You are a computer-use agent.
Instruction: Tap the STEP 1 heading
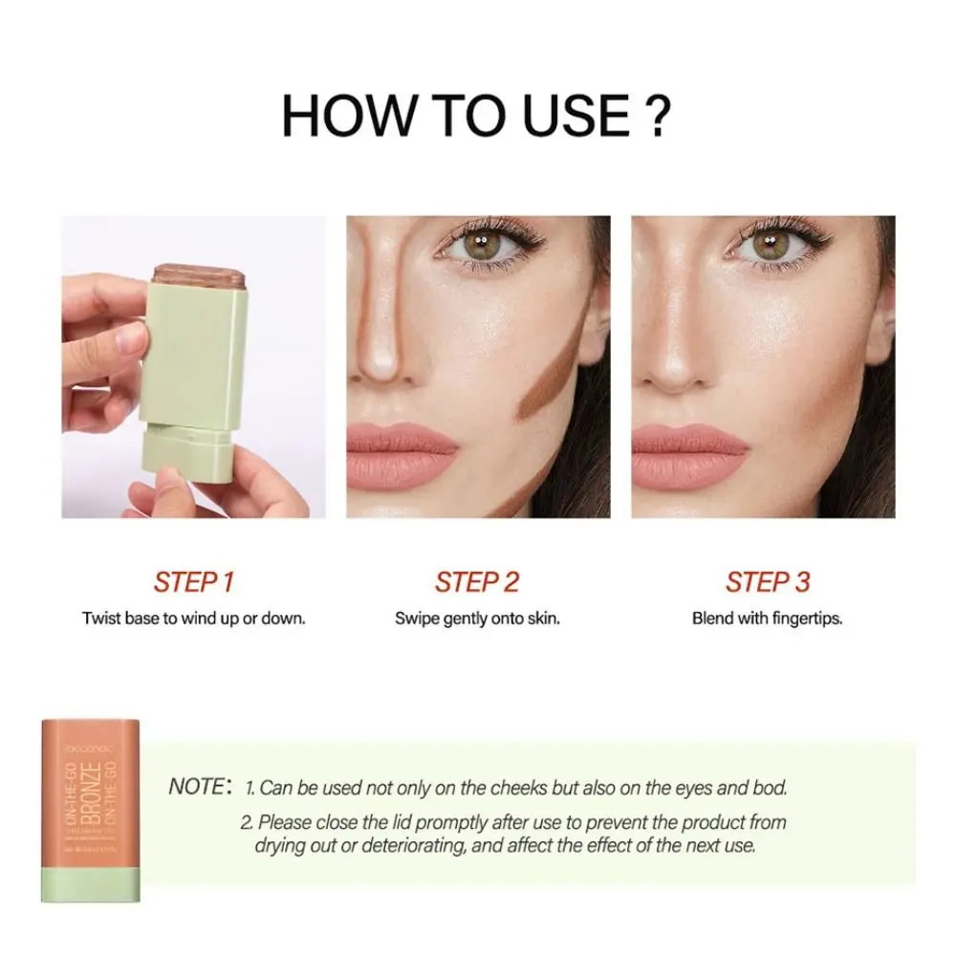coord(194,581)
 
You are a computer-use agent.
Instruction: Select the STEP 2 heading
coord(477,581)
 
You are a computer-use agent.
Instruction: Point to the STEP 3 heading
coord(768,581)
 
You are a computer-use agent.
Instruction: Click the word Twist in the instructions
coord(100,619)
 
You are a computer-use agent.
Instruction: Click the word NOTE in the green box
coord(197,788)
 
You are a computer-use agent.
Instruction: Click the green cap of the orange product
coord(92,880)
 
